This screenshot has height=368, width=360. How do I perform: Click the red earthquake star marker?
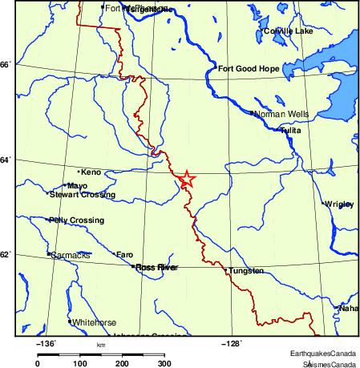tap(186, 179)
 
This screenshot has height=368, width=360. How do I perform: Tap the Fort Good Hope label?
tap(249, 69)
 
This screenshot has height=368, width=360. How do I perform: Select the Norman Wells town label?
tap(281, 115)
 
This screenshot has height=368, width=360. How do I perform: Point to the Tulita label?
tap(290, 131)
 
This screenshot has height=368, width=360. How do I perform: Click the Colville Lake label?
tap(288, 31)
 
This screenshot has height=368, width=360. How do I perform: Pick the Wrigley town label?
tap(339, 204)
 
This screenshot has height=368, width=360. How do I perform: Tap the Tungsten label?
tap(246, 271)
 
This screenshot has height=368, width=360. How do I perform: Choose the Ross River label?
tap(156, 267)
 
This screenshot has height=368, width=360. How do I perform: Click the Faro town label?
tap(125, 255)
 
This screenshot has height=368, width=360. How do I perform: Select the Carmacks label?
tap(70, 255)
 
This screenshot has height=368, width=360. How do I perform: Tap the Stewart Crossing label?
tap(83, 195)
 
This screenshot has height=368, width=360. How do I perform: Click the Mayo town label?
tap(78, 186)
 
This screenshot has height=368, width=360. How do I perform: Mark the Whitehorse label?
tap(95, 322)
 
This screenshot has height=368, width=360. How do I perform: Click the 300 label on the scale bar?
tap(164, 363)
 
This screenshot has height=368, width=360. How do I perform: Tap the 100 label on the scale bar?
tap(79, 363)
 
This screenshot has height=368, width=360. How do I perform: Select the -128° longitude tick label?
tap(230, 344)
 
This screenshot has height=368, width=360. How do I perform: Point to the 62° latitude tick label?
tap(5, 255)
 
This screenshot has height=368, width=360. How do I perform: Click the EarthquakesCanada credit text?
tap(324, 354)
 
